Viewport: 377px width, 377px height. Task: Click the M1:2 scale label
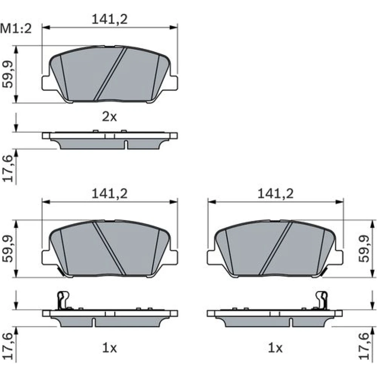(x=16, y=29)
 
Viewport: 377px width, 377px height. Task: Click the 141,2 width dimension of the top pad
(x=109, y=19)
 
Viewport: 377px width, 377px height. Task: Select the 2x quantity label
(x=109, y=117)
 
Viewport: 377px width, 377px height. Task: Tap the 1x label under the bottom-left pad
(x=109, y=348)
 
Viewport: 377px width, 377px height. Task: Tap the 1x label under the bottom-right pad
(x=275, y=348)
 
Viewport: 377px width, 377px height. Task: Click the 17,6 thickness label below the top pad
(x=8, y=168)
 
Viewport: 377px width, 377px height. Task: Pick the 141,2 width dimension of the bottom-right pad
(x=275, y=193)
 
